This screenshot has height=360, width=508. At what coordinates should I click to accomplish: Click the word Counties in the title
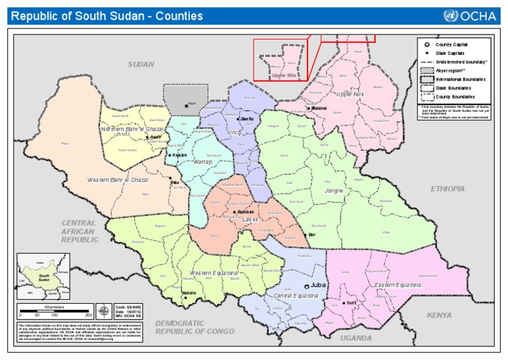point(179,16)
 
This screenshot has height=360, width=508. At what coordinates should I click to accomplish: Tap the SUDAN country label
point(141,65)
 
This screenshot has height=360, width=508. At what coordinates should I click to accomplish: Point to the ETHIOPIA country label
point(448,189)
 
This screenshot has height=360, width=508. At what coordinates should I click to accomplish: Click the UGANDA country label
point(356,337)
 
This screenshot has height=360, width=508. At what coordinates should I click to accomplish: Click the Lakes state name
point(251,219)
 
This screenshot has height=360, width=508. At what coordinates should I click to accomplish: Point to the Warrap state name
point(202,161)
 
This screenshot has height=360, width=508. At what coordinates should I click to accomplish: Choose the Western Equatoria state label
point(214,273)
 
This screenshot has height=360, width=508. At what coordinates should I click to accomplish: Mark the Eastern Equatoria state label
point(397,285)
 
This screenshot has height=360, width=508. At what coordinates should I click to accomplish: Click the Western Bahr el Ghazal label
point(118,180)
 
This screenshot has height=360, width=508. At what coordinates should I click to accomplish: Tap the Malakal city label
point(320,107)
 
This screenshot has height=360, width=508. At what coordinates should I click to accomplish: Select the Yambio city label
point(189,292)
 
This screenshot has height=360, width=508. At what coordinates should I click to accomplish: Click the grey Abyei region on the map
point(185,99)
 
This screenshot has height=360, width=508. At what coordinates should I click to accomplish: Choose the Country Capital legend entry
point(451,44)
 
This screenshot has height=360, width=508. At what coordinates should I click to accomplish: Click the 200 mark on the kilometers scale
point(88,315)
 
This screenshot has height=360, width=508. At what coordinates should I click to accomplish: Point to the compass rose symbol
point(104,310)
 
